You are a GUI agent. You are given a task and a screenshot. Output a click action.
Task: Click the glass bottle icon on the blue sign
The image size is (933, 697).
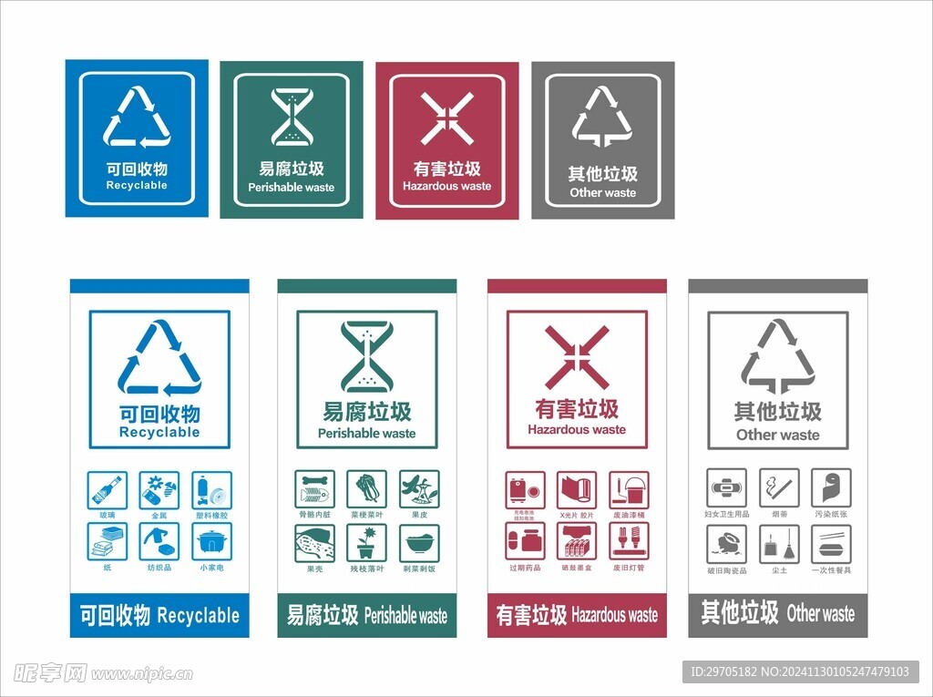108,490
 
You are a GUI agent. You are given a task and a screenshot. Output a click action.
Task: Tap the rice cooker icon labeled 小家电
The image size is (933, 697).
211,542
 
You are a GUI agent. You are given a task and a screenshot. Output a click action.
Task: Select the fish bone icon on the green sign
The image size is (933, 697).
314,490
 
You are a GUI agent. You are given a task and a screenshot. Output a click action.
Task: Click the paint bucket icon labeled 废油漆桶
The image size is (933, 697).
629,490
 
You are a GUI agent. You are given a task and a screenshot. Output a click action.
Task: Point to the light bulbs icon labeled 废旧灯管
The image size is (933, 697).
629,542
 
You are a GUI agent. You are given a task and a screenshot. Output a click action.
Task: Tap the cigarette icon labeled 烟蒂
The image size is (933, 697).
779,488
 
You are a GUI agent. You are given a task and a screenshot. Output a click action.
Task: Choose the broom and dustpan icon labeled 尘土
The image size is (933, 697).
779,544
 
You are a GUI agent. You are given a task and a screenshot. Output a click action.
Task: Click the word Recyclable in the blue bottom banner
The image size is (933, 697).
198,616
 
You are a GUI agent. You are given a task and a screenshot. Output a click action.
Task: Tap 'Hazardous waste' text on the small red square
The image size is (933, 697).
446,186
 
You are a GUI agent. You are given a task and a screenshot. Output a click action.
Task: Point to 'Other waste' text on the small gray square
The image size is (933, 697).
602,192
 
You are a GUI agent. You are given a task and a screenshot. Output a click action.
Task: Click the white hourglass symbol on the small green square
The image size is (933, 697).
292,117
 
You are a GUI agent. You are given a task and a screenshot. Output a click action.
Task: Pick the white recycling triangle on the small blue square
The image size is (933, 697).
137,117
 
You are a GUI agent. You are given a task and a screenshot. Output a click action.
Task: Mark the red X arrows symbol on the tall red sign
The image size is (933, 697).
577,358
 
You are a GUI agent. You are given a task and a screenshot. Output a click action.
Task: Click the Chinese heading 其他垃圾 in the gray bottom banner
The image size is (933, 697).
739,612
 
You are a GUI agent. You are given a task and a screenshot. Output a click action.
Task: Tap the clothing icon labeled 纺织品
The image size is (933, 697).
159,542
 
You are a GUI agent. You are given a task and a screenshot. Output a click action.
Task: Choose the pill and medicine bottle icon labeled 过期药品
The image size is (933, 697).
525,542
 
